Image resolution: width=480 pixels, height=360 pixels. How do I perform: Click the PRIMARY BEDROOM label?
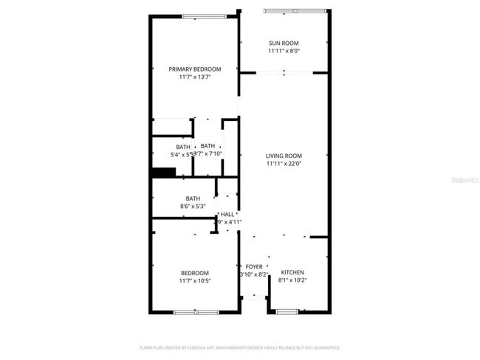[194, 69]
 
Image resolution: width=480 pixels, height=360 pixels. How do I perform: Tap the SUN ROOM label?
[284, 44]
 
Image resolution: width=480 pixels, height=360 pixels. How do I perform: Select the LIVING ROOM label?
[284, 156]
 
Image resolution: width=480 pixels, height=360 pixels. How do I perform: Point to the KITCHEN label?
[292, 272]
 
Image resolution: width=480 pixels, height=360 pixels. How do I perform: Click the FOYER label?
[254, 266]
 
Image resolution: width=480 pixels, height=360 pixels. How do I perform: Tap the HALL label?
[227, 214]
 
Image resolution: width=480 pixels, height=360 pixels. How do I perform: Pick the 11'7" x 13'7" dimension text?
[194, 77]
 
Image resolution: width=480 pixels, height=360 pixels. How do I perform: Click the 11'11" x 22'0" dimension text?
[284, 164]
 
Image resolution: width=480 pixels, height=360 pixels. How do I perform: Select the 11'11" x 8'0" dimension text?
[284, 52]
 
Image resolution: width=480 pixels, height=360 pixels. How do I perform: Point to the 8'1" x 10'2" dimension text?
[292, 280]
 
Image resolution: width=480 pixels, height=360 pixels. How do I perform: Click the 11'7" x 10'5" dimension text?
[194, 280]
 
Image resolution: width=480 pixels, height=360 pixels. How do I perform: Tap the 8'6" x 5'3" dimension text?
[193, 207]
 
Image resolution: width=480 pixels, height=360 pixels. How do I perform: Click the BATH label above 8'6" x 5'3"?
[193, 198]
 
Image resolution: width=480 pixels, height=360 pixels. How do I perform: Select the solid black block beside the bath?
[163, 173]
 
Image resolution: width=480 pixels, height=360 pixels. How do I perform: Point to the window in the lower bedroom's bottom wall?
[196, 312]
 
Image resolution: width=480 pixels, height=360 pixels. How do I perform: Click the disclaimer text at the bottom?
[239, 347]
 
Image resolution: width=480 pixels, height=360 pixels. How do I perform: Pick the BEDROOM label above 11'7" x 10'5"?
[194, 272]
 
